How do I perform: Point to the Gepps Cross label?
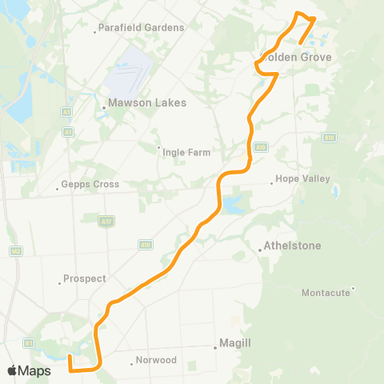click(x=90, y=185)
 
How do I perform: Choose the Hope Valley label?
click(x=298, y=179)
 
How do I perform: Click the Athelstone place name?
click(x=293, y=246)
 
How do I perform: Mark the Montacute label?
click(x=326, y=293)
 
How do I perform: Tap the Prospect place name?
click(x=84, y=279)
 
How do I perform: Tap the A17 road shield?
click(x=106, y=220)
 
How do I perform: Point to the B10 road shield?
click(x=329, y=138)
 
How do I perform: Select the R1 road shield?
click(x=29, y=342)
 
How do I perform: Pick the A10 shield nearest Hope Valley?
click(x=261, y=147)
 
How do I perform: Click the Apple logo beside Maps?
click(x=12, y=370)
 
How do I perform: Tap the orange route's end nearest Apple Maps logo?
click(x=70, y=357)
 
